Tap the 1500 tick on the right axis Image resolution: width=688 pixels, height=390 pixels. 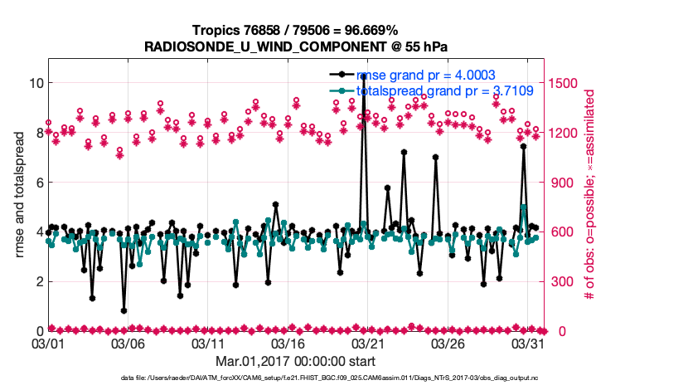564,83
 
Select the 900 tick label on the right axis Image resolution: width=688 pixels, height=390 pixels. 560,183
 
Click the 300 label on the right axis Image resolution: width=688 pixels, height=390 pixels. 560,282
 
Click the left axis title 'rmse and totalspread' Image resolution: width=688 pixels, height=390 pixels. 19,195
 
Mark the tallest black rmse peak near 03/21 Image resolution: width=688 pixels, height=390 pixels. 364,76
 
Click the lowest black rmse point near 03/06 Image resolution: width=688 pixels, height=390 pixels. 124,310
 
